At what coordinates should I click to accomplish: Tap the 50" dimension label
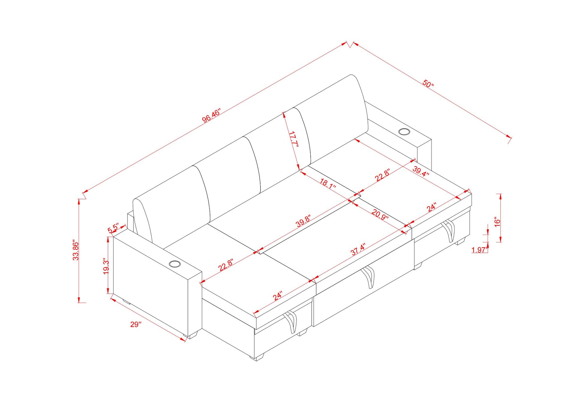click(428, 83)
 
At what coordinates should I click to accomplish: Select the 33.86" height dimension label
click(76, 250)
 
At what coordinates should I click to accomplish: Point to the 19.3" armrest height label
click(106, 266)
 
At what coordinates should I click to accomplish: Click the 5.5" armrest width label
click(113, 228)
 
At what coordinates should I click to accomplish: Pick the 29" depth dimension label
click(136, 324)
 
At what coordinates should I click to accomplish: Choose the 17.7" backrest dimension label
click(294, 139)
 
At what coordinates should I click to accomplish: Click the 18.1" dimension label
click(327, 183)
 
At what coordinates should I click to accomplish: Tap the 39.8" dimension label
click(303, 221)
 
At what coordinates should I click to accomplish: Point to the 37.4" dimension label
click(358, 249)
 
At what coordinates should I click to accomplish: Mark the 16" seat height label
click(497, 222)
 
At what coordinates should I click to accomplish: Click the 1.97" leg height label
click(479, 250)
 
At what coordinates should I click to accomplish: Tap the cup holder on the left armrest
click(175, 264)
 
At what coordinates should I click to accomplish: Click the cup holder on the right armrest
click(404, 132)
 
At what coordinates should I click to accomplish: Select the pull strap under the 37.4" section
click(369, 277)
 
